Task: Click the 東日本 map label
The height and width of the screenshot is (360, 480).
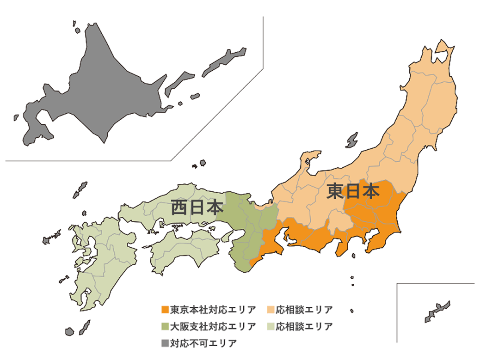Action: [x=352, y=191]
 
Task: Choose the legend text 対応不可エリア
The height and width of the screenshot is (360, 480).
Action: [x=203, y=343]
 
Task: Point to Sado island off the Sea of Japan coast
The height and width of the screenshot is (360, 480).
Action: [x=352, y=140]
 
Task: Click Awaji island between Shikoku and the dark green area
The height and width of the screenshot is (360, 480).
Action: [x=226, y=237]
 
